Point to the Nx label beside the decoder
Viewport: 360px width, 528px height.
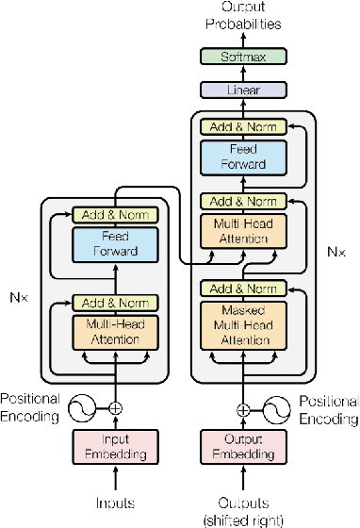334,252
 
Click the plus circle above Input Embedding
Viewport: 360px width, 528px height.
116,408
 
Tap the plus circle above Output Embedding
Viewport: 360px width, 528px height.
242,410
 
